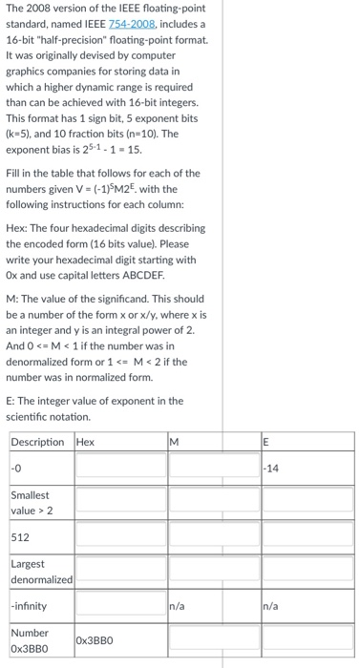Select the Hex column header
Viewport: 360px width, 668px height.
86,442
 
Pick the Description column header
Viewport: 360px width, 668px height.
38,442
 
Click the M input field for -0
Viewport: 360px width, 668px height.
214,468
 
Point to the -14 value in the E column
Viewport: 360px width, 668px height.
276,468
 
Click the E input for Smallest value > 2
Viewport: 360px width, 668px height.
307,501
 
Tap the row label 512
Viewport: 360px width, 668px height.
20,536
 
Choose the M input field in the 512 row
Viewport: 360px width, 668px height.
214,536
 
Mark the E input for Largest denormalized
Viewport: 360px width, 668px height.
307,571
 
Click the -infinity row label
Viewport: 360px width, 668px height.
30,605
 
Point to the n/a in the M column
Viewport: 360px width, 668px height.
178,605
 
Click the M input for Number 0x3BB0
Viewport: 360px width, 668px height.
214,639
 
